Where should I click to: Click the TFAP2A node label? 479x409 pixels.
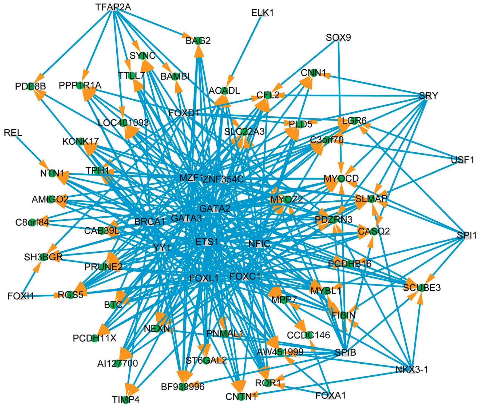[113, 7]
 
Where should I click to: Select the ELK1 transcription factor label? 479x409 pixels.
[262, 13]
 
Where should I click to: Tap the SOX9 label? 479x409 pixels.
[338, 38]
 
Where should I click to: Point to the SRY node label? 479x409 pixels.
[428, 96]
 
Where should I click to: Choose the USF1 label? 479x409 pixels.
[462, 160]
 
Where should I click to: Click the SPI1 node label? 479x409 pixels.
[466, 235]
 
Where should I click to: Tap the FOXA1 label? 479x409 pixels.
[330, 395]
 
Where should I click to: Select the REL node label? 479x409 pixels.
[13, 133]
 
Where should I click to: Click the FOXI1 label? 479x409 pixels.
[21, 296]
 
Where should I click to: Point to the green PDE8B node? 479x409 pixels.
[30, 86]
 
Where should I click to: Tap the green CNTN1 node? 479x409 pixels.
[241, 397]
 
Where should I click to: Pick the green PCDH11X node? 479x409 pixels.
[94, 338]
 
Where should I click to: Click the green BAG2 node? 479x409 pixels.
[198, 41]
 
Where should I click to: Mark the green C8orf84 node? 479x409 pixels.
[32, 222]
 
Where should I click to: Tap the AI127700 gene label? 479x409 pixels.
[117, 363]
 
